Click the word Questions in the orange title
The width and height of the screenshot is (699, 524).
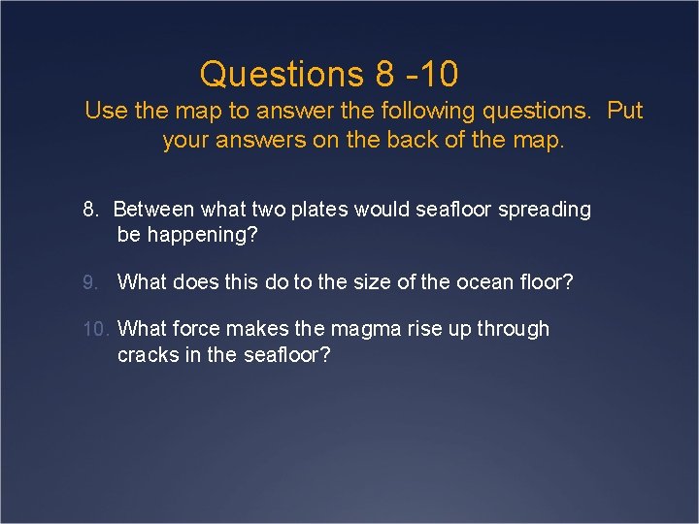(x=279, y=74)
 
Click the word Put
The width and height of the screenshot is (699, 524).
(x=625, y=111)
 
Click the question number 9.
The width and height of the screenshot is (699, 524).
(x=89, y=282)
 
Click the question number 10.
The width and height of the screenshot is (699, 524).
(x=97, y=329)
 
